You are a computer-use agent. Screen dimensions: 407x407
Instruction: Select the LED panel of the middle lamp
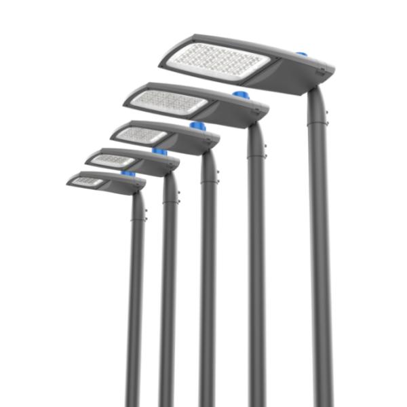(141, 134)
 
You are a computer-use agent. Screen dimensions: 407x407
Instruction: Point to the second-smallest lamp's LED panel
(113, 160)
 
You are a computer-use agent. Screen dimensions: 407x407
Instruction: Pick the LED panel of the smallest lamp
(87, 181)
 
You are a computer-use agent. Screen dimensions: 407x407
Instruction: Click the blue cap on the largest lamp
(301, 53)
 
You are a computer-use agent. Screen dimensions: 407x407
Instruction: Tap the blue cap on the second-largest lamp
(239, 95)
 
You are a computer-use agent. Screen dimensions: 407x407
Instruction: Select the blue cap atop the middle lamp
(197, 126)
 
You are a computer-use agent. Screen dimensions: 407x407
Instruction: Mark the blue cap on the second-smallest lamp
(159, 152)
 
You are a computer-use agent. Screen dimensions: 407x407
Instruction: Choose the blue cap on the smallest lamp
(128, 174)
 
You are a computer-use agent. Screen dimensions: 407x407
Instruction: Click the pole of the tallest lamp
(320, 271)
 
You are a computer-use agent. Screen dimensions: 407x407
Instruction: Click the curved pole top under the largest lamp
(315, 98)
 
